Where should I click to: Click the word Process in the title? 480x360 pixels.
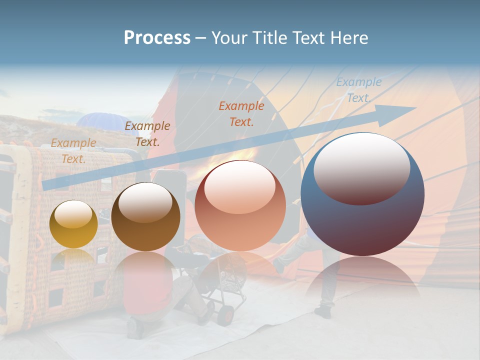(157, 38)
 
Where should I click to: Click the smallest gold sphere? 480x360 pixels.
(73, 224)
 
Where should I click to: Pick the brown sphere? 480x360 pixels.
(145, 217)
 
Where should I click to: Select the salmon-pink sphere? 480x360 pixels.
(240, 206)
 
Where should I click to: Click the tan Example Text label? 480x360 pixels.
(73, 150)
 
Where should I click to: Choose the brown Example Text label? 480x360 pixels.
(147, 133)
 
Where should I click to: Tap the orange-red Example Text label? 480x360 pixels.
(241, 113)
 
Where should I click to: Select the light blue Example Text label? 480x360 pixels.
(358, 90)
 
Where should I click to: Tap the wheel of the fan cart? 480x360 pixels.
(225, 315)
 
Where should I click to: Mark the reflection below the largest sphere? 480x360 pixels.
(362, 280)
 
